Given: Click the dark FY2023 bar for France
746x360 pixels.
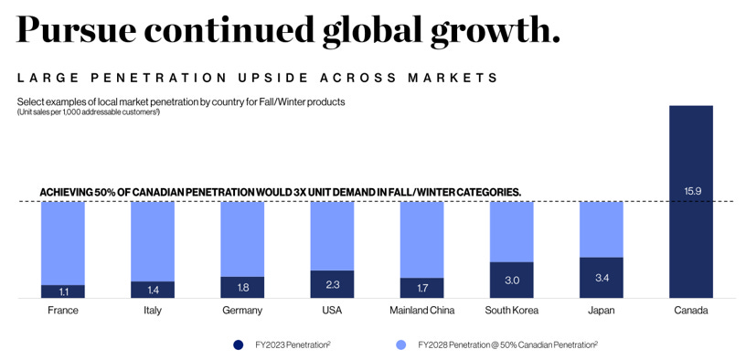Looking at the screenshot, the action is [x=63, y=291].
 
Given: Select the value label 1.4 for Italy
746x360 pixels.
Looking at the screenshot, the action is [x=153, y=290].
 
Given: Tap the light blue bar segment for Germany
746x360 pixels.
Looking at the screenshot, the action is [x=242, y=239].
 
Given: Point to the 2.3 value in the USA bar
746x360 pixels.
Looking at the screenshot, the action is [x=332, y=284].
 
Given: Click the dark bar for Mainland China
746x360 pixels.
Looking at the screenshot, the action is [x=421, y=288].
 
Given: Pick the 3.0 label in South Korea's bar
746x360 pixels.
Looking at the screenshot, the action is [x=511, y=281].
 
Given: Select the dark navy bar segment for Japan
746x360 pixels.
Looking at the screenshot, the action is [x=602, y=278].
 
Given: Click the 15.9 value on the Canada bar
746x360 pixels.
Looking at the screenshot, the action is [x=691, y=191].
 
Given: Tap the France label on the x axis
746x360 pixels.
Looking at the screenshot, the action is [x=63, y=311].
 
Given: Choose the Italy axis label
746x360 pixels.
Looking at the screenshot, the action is [x=153, y=311].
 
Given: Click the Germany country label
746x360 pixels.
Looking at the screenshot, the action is [x=242, y=311].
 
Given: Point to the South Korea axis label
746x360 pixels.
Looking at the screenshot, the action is [x=511, y=311].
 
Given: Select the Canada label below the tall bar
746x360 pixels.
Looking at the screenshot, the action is [x=691, y=311].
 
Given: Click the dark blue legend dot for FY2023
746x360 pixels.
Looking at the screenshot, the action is [x=239, y=344].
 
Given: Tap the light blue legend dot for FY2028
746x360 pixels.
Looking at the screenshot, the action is [x=402, y=344].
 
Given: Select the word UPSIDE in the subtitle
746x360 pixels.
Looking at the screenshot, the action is [x=276, y=78].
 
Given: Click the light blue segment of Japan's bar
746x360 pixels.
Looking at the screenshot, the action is [x=602, y=229].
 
